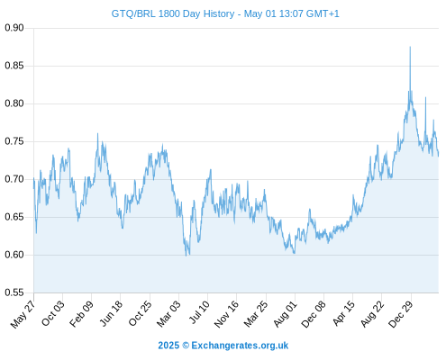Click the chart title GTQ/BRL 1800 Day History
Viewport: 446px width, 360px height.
(x=173, y=13)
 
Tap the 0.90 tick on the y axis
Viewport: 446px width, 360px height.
(x=14, y=28)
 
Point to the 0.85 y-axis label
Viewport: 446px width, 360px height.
(x=14, y=66)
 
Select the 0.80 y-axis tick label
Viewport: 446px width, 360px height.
(x=14, y=103)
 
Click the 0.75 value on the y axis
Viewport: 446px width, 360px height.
(x=14, y=141)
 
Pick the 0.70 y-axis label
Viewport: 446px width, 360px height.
(x=14, y=179)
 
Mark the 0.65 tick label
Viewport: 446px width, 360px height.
(x=14, y=217)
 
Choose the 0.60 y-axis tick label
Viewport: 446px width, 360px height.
(x=14, y=255)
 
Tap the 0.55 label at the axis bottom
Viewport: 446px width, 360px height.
(x=14, y=292)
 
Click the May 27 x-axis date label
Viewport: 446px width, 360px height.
(x=23, y=314)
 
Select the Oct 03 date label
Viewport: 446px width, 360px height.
(x=53, y=313)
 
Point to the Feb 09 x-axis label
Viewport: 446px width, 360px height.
(x=81, y=314)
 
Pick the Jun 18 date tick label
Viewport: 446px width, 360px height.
(x=111, y=313)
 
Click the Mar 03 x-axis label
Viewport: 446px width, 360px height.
(x=168, y=313)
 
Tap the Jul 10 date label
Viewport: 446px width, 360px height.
(x=199, y=312)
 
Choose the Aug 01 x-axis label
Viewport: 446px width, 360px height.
(x=285, y=314)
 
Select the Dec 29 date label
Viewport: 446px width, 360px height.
(x=401, y=314)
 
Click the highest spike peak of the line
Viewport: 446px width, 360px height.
(x=410, y=47)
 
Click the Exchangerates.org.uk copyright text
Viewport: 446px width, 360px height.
(x=223, y=346)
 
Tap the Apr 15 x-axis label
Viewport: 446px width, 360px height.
(x=343, y=313)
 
